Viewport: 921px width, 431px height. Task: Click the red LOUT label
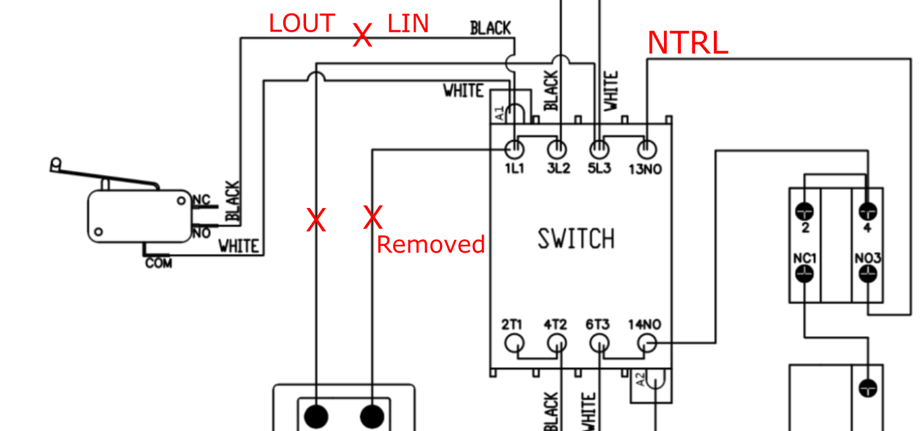click(x=301, y=24)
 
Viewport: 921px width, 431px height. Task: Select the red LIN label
click(x=408, y=24)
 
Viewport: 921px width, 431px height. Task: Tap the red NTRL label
click(x=688, y=43)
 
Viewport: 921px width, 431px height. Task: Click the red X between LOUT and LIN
click(x=363, y=35)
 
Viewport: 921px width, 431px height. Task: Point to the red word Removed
click(x=431, y=244)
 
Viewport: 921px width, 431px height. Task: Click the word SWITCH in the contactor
click(x=576, y=238)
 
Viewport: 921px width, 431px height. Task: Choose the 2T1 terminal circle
click(x=515, y=344)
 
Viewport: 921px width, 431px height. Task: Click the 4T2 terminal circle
click(x=556, y=344)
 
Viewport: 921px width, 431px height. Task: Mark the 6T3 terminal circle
click(x=598, y=344)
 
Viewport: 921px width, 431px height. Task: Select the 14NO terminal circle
click(x=647, y=344)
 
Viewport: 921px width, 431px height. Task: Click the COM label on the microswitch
click(x=159, y=263)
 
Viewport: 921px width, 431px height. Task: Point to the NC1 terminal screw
click(x=805, y=273)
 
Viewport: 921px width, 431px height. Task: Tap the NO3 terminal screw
click(x=868, y=273)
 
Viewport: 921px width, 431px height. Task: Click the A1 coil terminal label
click(x=499, y=114)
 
